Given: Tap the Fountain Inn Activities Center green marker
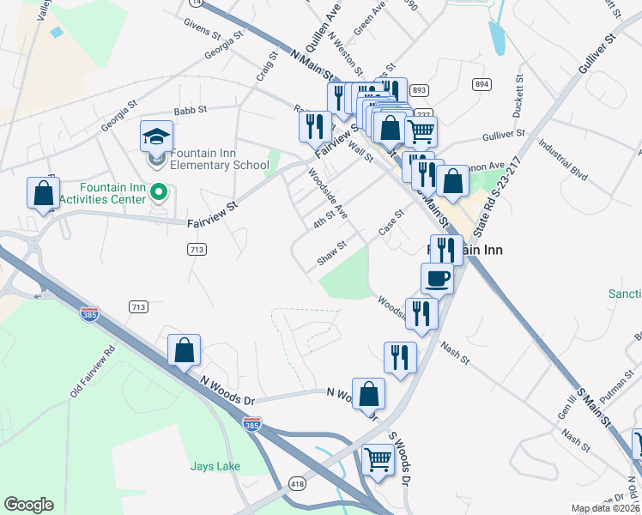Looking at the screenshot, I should coord(157,191).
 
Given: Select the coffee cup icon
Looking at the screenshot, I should coord(437,278).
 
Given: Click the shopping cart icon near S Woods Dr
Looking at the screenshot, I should coord(378,459).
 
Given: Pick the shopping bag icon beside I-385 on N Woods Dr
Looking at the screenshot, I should coord(184,350).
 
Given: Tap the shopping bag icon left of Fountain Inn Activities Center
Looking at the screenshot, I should coord(43,194).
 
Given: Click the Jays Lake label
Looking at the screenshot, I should coord(215,466).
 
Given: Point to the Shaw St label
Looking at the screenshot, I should coord(331,251).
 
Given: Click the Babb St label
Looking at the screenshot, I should coord(191,110).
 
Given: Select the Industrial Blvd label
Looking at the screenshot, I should coord(563,161).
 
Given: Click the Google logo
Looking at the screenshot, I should coord(28,505).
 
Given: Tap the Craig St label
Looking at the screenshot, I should coord(267,66).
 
